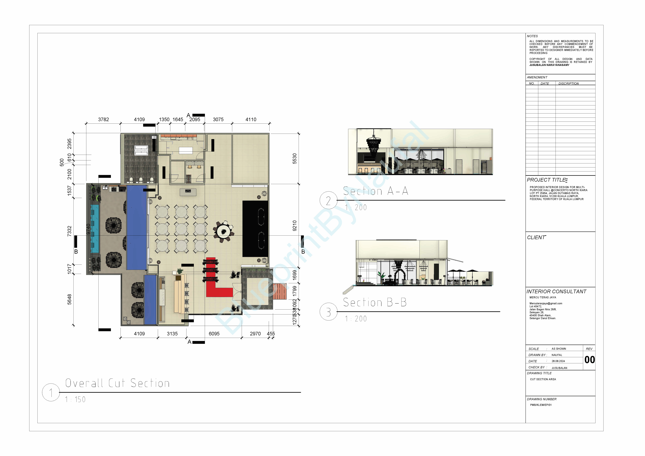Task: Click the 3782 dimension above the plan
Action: pyautogui.click(x=103, y=120)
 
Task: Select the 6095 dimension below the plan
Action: pyautogui.click(x=214, y=334)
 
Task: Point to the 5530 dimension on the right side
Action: pyautogui.click(x=294, y=159)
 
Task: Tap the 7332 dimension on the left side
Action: pyautogui.click(x=69, y=231)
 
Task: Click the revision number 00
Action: pyautogui.click(x=589, y=360)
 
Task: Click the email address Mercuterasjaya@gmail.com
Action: pyautogui.click(x=546, y=304)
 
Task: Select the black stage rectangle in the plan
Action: pyautogui.click(x=255, y=229)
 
